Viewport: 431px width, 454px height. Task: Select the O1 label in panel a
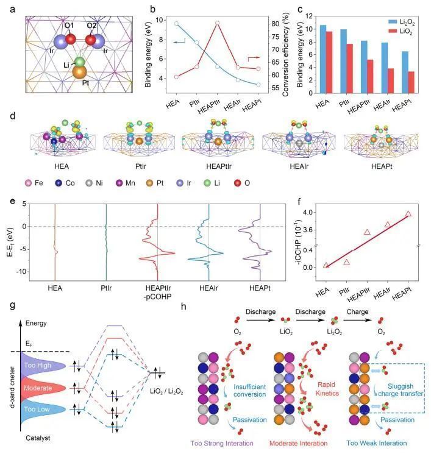pos(69,27)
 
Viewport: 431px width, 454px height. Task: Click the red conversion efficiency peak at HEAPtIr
pos(218,23)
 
